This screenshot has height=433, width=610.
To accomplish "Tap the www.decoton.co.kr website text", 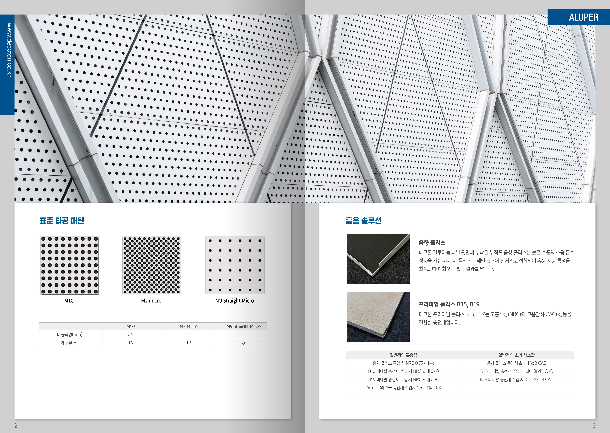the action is point(9,50).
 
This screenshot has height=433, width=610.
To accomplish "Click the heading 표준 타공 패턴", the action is point(62,221).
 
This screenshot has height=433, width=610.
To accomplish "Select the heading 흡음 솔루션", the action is point(363,221).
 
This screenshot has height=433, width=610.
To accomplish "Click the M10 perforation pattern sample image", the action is point(69,265).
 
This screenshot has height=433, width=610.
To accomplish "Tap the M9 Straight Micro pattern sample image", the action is point(235,265).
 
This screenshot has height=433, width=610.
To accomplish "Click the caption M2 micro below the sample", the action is point(151,301).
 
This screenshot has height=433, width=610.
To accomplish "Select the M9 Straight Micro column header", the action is point(243,326).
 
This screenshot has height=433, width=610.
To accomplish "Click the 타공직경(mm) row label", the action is point(70,334).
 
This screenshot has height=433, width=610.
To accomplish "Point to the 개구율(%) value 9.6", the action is point(243,343).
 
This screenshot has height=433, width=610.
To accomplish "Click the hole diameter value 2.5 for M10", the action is point(130,334).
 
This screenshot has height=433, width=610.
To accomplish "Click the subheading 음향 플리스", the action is point(432,243).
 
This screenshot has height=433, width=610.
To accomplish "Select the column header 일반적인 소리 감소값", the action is point(516,355).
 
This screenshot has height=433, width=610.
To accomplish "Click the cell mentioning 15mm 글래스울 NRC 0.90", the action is point(403,388).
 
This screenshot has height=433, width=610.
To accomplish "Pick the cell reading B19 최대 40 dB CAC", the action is point(516,379).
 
